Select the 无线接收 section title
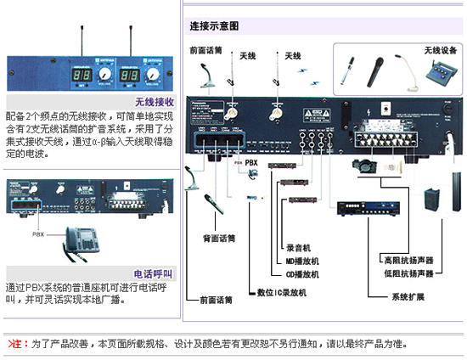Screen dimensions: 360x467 coord(155,102)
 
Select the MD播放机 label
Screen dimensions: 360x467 coord(302,262)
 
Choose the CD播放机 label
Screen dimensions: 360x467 coord(301,274)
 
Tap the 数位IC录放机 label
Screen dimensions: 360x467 coord(281,292)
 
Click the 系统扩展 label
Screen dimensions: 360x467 coord(408,297)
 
